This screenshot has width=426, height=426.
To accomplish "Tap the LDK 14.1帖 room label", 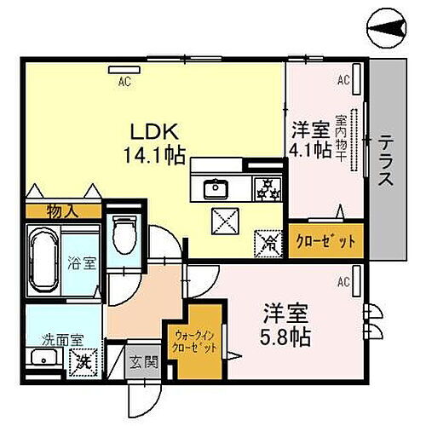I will click(158, 142).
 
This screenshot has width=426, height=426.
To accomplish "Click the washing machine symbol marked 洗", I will click(88, 366).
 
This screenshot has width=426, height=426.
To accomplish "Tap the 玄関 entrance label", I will click(144, 361).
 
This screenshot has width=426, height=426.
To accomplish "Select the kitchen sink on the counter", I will click(216, 188).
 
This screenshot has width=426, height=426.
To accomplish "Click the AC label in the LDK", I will click(124, 82).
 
